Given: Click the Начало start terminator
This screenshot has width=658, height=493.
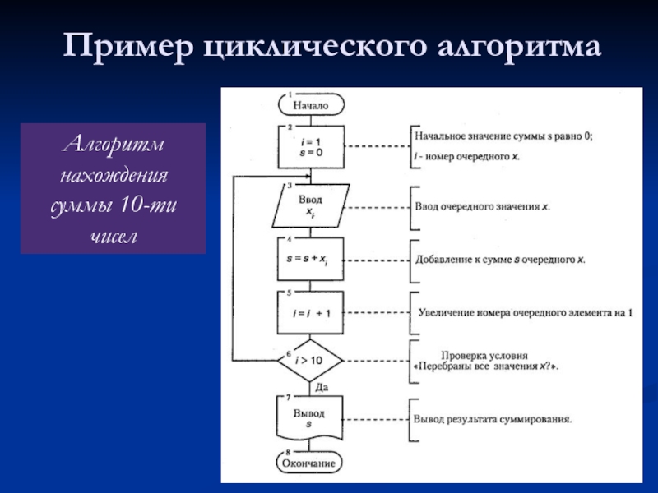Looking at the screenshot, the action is tap(311, 105).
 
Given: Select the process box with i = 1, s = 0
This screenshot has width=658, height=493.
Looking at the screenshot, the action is tap(311, 147).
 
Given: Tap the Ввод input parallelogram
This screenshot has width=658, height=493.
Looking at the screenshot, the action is tap(311, 206).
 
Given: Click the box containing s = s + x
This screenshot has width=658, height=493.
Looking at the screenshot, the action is tap(310, 259).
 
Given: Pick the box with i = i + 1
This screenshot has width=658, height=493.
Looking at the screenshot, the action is tap(310, 313).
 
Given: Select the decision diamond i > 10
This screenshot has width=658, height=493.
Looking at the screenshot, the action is tap(310, 361).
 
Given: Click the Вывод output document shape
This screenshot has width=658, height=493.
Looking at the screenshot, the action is tap(309, 418).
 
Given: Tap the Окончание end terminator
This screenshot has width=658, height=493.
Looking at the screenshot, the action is tap(309, 463).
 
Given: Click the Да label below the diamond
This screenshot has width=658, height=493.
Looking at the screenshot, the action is tap(322, 387).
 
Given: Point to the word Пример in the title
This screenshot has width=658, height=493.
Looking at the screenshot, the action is tap(128, 46).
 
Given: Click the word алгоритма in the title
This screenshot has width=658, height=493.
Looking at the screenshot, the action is tap(519, 47).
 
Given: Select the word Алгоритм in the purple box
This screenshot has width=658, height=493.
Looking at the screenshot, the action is tap(114, 144).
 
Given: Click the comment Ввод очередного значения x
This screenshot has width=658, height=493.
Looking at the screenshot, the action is tap(482, 207).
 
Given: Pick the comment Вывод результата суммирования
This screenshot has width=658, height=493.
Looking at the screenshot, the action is tap(493, 419).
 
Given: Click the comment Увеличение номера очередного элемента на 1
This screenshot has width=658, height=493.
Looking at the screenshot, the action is tap(526, 313).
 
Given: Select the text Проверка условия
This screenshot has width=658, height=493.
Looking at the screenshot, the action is tap(484, 356).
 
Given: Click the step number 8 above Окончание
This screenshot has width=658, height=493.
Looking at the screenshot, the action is tap(288, 453).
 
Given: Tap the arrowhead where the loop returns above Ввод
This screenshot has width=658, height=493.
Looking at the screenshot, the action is tap(308, 177).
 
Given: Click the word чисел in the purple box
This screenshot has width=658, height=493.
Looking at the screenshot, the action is tap(114, 237).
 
